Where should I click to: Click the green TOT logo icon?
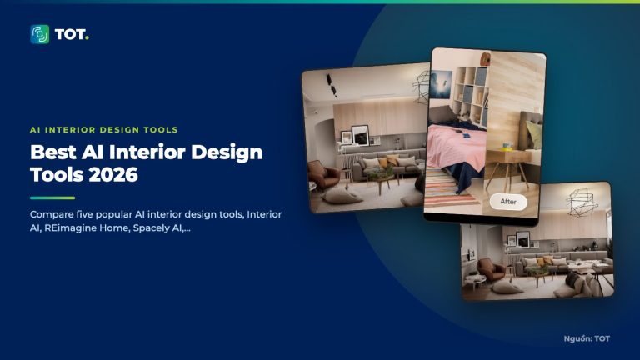click(40, 34)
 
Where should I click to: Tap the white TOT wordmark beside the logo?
click(72, 35)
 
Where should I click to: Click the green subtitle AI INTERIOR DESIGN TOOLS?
click(103, 130)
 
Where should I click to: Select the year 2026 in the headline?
click(113, 175)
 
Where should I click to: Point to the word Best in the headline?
click(53, 152)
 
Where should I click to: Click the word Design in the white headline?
click(227, 153)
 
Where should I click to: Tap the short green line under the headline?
click(52, 198)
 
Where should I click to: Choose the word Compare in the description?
click(52, 215)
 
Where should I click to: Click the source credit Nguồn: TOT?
click(587, 338)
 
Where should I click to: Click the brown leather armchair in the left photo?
click(322, 174)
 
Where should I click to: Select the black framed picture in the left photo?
click(361, 135)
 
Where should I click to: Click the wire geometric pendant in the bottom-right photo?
click(581, 202)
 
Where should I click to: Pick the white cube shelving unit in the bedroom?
click(471, 97)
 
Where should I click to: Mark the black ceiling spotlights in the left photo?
click(331, 85)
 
